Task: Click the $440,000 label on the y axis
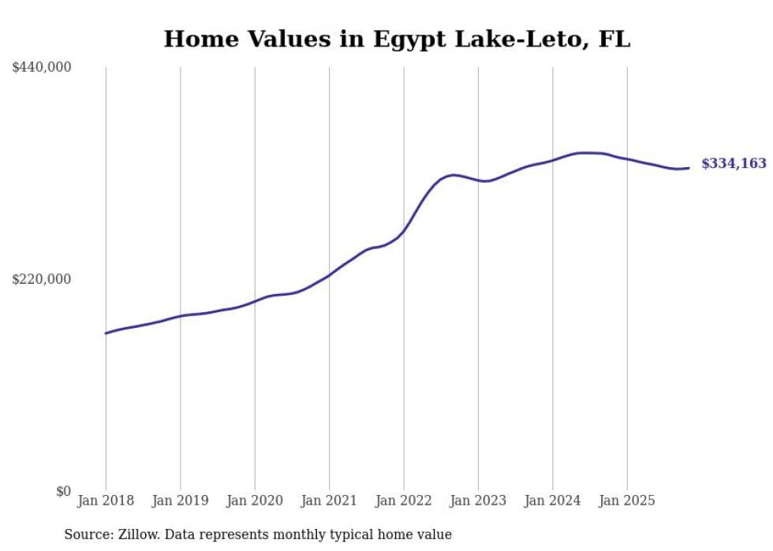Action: tap(42, 68)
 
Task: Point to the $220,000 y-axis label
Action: tap(42, 279)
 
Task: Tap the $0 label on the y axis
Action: tap(63, 491)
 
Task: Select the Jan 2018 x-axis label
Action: tap(106, 501)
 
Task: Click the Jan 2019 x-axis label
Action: tap(180, 501)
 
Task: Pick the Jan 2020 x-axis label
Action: tap(255, 501)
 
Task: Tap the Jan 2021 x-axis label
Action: tap(329, 501)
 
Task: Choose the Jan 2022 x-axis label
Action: tap(404, 501)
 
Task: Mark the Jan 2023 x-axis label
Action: tap(478, 501)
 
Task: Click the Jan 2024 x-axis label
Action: tap(552, 501)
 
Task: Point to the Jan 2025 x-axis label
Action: tap(627, 501)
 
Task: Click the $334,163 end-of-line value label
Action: tap(734, 164)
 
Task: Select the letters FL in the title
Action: tap(614, 39)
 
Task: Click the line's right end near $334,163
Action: tap(689, 167)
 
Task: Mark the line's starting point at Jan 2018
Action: tap(106, 333)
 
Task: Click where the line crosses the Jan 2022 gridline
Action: tap(404, 231)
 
